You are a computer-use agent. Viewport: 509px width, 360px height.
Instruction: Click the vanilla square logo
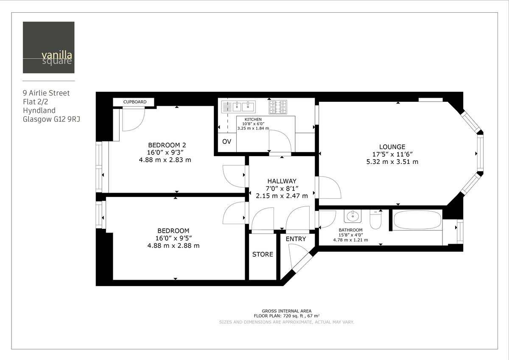click(48, 48)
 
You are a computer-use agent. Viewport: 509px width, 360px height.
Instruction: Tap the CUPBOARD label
click(135, 102)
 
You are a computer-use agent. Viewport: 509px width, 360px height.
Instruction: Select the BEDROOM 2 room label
click(167, 145)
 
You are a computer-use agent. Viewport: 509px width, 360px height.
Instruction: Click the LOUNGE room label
click(392, 147)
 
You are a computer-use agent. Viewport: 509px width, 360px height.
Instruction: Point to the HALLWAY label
click(282, 181)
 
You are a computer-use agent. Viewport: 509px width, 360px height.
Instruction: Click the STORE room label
click(263, 254)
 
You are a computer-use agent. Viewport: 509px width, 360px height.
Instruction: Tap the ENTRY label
click(296, 239)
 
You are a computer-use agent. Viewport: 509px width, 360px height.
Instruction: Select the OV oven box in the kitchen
click(227, 142)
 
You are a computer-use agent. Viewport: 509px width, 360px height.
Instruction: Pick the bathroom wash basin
click(352, 216)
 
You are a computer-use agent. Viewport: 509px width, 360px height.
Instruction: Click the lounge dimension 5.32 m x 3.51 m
click(392, 162)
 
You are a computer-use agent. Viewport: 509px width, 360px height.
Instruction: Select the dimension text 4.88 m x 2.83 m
click(165, 160)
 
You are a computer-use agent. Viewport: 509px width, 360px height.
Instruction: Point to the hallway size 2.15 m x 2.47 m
click(282, 196)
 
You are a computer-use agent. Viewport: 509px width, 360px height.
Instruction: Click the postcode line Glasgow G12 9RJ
click(51, 119)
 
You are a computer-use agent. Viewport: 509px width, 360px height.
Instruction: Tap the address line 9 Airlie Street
click(46, 93)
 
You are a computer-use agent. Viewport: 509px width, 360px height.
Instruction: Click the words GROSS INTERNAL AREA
click(286, 311)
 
